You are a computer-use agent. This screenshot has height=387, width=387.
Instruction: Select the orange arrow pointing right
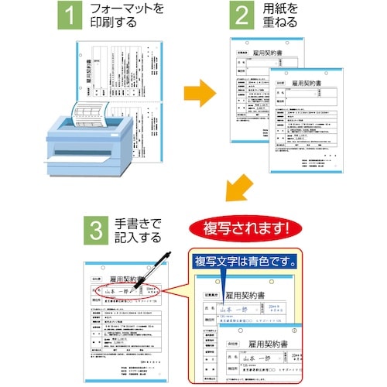coord(200,93)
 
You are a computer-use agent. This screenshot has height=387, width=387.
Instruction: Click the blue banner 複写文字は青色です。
coord(247,260)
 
